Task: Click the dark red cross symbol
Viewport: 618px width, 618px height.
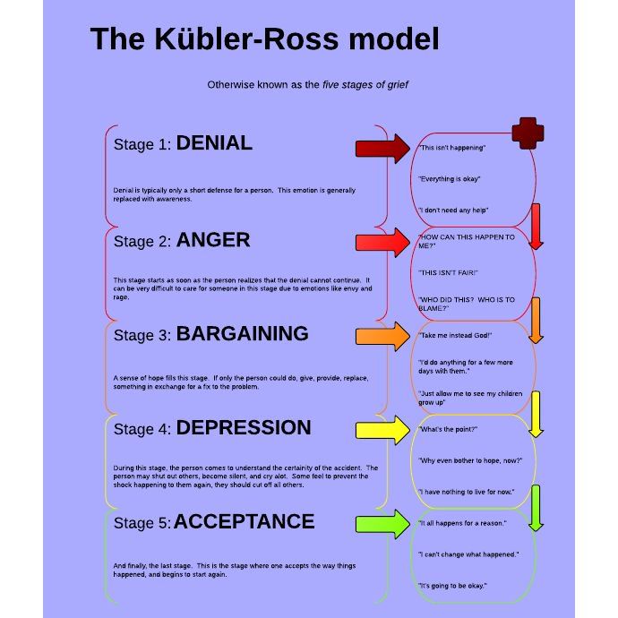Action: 528,133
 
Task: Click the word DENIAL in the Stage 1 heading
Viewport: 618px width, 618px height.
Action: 214,143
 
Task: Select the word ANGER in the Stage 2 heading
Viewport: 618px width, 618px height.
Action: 213,240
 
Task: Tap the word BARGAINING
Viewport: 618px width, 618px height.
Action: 242,334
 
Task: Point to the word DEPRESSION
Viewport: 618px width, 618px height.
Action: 244,428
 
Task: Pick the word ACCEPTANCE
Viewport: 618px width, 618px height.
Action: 244,522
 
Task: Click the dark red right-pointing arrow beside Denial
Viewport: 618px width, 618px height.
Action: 382,148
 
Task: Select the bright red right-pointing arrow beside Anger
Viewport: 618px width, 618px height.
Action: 382,242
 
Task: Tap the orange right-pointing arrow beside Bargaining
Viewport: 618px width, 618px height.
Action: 382,336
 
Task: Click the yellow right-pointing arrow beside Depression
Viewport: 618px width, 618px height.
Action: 382,430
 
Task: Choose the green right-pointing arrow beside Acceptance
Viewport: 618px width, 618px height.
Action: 382,523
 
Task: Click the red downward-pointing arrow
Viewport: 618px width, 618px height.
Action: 536,226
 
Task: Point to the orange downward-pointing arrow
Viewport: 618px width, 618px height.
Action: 536,321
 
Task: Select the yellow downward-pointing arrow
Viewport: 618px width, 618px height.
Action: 536,414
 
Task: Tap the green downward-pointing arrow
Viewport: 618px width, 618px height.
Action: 536,508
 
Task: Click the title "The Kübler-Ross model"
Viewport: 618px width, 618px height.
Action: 264,39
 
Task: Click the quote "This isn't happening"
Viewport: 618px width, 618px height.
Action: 452,148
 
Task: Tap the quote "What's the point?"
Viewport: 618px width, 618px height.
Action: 449,430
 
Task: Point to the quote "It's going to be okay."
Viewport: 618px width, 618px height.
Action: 453,586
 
